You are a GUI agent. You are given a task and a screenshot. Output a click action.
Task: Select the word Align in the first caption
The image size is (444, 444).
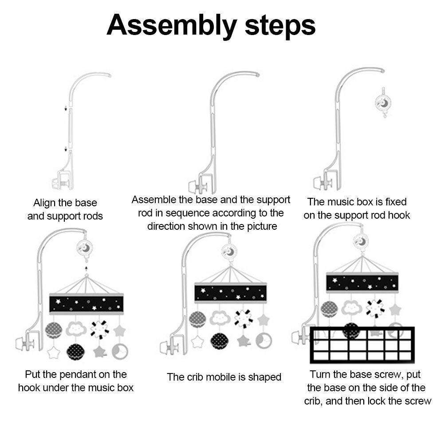click(x=44, y=203)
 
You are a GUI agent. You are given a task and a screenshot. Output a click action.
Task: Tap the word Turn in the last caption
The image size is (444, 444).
click(x=320, y=374)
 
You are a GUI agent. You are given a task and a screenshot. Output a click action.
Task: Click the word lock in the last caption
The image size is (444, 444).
click(x=392, y=401)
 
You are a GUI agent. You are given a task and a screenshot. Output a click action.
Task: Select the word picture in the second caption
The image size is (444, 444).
click(x=260, y=226)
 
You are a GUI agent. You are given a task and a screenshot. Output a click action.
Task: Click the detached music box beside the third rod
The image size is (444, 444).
click(x=383, y=102)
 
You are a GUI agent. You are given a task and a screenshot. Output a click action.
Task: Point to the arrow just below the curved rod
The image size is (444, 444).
click(x=65, y=108)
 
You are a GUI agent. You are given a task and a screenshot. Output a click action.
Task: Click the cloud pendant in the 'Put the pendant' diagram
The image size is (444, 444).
click(x=76, y=329)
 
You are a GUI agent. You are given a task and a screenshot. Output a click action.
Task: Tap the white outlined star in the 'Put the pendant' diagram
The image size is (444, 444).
click(x=54, y=353)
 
